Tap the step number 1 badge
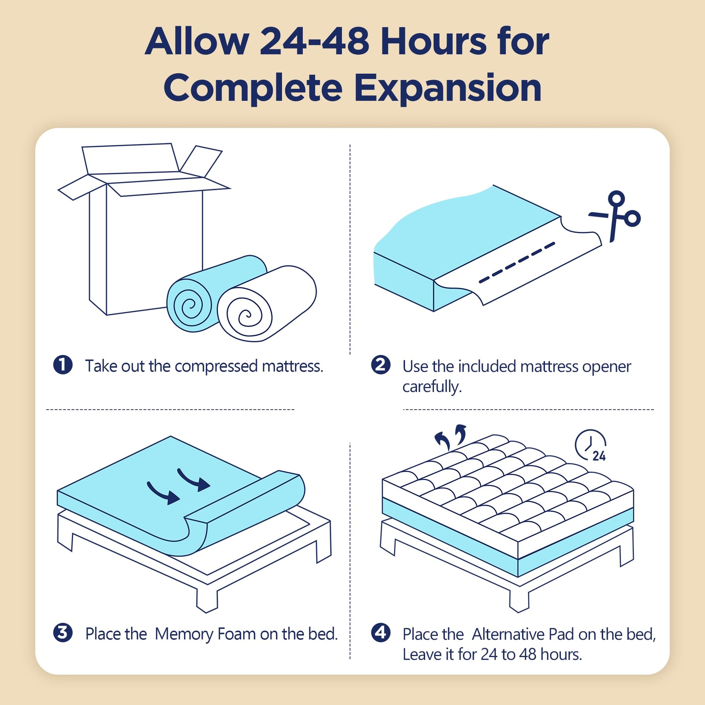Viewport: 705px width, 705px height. [63, 365]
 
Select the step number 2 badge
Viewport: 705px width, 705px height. [381, 365]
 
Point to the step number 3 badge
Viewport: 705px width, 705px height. [63, 633]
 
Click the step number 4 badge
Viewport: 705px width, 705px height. [381, 633]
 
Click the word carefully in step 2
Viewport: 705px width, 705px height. [432, 387]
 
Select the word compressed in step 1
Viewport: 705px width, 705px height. [216, 366]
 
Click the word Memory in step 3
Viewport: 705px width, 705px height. [184, 634]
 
